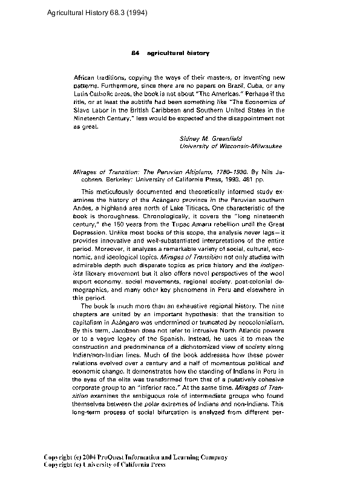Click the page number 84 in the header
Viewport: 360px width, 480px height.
tap(136, 53)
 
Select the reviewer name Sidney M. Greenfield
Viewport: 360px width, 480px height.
tap(211, 138)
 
